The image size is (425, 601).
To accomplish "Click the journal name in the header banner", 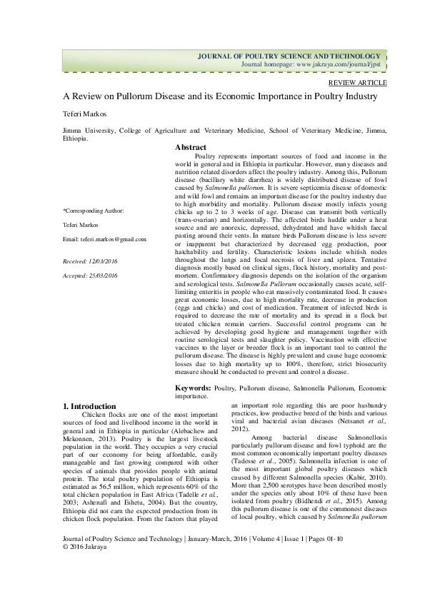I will (289, 56).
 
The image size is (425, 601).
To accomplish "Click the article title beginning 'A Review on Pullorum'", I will (215, 96).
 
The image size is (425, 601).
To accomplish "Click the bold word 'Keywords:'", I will (193, 387).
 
